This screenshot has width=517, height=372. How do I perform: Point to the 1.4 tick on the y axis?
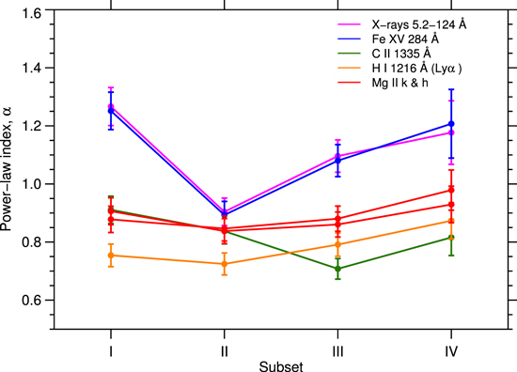tap(32, 68)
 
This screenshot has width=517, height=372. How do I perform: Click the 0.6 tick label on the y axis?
tap(32, 301)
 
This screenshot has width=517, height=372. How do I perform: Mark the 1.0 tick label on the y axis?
tap(32, 184)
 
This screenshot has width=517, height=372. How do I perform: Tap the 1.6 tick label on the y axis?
tap(32, 10)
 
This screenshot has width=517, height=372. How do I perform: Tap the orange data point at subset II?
tap(223, 264)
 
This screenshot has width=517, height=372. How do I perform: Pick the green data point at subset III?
tap(337, 269)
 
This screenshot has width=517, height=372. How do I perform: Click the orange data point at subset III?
tap(337, 244)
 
